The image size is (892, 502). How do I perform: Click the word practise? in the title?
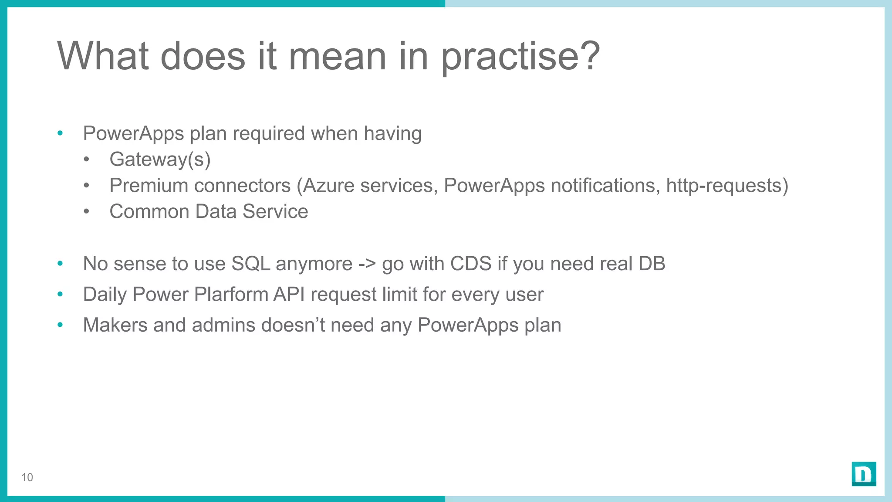(x=520, y=57)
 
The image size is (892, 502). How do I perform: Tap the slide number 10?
(x=27, y=478)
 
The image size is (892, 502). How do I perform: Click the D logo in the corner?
(x=864, y=474)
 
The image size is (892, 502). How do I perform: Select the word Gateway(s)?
(x=160, y=159)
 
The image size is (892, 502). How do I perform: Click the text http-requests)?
(x=727, y=186)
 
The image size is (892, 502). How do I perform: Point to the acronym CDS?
(x=470, y=264)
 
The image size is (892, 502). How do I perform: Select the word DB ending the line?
(x=652, y=264)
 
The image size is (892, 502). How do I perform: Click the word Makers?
(x=115, y=326)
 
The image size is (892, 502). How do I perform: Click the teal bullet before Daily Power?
(x=60, y=294)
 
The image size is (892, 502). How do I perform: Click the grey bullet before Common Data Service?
(x=87, y=212)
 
